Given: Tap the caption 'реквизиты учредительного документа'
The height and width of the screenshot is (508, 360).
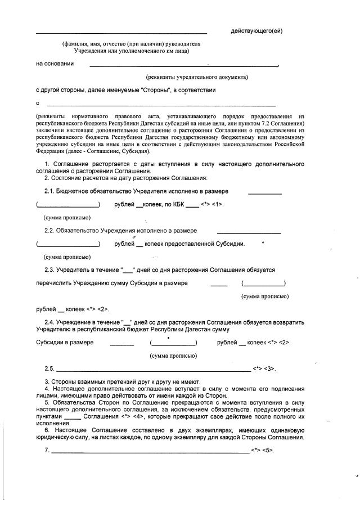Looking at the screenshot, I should pos(197,77).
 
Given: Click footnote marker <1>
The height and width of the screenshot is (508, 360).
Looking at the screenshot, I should pos(218,204).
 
